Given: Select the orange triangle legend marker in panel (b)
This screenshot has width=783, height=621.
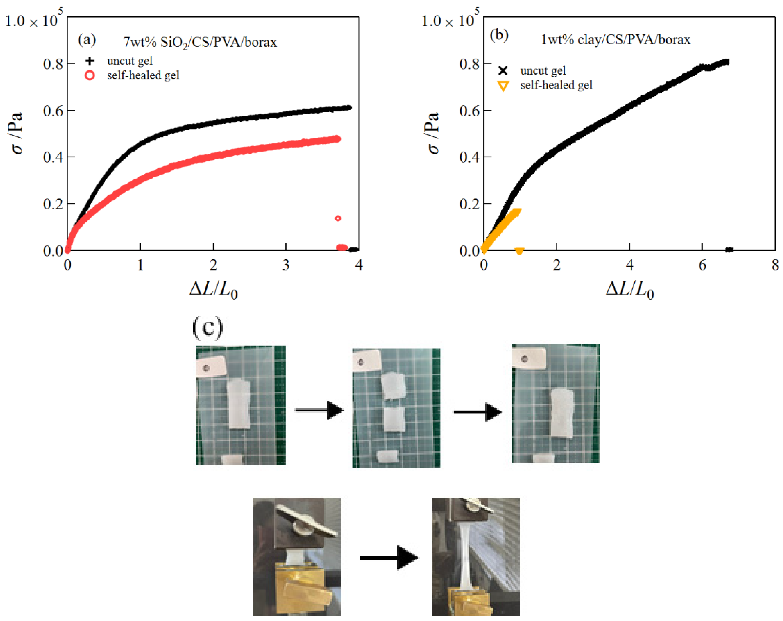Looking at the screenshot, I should tap(503, 86).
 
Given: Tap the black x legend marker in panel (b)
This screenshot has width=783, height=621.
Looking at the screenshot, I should tap(503, 70).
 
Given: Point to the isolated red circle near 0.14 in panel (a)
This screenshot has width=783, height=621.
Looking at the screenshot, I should tap(338, 218).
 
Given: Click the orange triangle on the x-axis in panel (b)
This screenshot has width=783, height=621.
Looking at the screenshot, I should tap(519, 251).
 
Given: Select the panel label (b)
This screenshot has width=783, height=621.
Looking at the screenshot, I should tap(499, 35).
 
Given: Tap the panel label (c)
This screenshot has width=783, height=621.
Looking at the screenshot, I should tap(207, 328).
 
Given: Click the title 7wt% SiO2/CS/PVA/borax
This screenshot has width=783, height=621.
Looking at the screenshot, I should tap(200, 43).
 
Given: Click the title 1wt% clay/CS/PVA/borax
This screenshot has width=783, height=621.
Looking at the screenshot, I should tap(616, 39).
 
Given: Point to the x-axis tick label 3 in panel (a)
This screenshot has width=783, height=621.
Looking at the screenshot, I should tap(286, 265).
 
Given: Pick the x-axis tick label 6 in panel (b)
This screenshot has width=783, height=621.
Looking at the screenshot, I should tap(702, 265).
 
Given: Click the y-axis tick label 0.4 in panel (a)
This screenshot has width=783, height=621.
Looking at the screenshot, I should tap(53, 157).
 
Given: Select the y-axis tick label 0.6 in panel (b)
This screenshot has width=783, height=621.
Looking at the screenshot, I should tap(469, 111).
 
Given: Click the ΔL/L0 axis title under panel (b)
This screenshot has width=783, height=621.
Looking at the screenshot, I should tap(630, 290).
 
